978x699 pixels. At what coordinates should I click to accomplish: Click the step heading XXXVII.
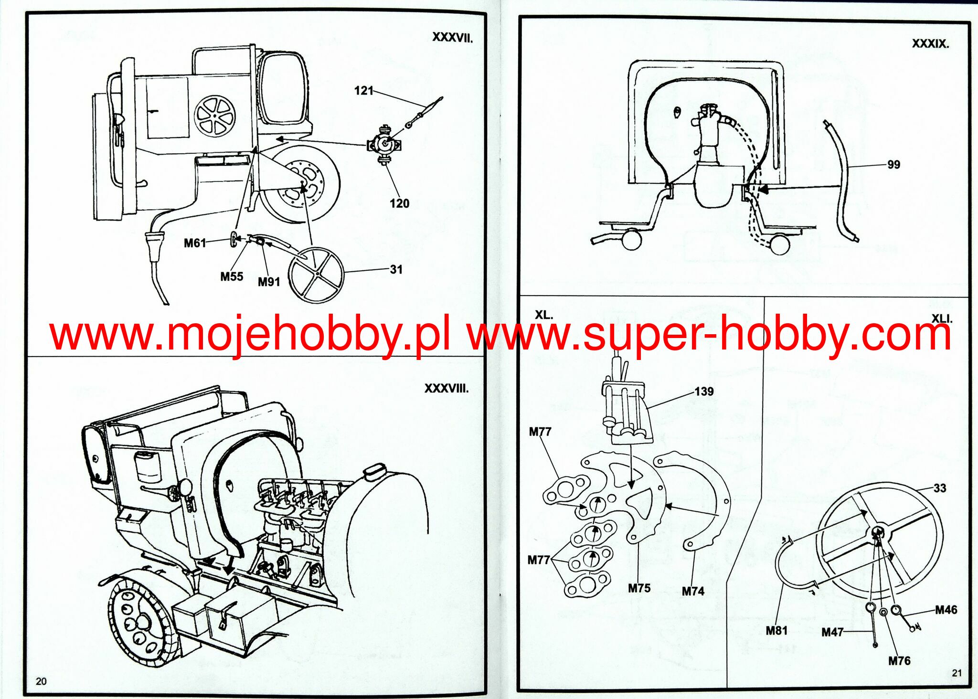452,38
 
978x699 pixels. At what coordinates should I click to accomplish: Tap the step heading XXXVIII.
446,389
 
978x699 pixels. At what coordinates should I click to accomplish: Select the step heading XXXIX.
930,44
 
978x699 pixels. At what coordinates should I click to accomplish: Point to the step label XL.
543,315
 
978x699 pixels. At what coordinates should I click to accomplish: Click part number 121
363,91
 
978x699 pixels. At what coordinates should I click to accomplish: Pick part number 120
399,204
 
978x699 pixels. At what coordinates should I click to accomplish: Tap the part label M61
195,244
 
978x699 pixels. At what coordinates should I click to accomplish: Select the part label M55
232,277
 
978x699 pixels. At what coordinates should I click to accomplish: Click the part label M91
269,282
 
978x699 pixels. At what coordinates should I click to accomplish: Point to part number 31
396,270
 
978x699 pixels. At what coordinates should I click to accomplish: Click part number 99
893,165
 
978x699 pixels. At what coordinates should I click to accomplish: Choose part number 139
704,392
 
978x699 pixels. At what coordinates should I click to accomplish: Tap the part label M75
639,588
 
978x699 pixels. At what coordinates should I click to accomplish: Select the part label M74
693,592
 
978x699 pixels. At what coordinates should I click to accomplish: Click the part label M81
776,631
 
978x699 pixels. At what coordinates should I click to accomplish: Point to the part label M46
946,610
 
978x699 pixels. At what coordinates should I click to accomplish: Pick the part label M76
899,661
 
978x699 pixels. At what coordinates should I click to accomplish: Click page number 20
42,681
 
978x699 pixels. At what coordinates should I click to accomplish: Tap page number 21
957,673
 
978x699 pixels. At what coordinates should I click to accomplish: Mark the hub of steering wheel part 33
878,533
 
